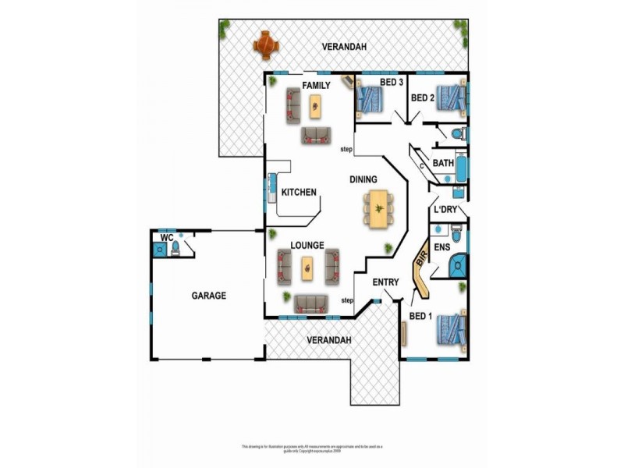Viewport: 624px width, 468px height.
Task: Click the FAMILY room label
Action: click(x=317, y=86)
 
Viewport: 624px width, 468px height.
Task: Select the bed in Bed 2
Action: click(x=450, y=98)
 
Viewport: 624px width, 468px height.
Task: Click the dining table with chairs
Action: click(x=378, y=210)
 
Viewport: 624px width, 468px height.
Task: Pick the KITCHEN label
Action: click(x=298, y=192)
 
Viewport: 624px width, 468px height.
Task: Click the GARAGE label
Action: click(x=208, y=296)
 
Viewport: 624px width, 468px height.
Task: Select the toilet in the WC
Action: click(x=176, y=248)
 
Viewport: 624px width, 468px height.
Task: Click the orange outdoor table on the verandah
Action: click(x=266, y=44)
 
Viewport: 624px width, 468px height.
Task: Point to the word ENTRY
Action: click(x=385, y=282)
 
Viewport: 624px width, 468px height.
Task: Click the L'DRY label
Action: click(x=445, y=211)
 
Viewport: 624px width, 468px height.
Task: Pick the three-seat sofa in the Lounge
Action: click(x=310, y=303)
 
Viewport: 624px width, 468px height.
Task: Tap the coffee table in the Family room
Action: click(x=315, y=105)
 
